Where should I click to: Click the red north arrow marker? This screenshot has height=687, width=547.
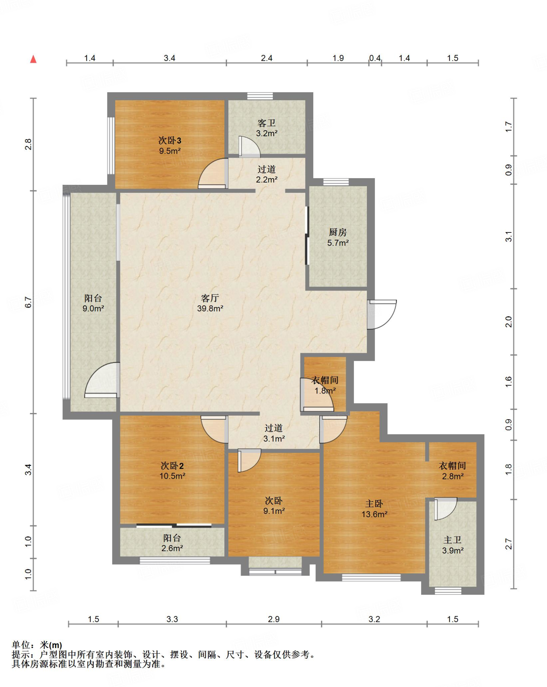[33, 59]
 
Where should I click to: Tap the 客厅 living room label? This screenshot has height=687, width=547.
[210, 298]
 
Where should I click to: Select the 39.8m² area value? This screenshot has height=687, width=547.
[210, 308]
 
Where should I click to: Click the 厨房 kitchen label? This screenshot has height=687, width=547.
[338, 232]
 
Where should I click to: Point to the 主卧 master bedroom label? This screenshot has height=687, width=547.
[374, 504]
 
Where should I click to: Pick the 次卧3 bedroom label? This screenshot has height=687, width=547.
[170, 140]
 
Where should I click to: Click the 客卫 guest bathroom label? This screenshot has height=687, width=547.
[267, 123]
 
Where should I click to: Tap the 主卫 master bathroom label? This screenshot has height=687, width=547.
[453, 540]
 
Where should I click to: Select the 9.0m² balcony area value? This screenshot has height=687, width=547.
[93, 308]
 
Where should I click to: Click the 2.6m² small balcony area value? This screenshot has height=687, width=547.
[172, 548]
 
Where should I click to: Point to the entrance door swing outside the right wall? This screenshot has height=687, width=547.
[382, 314]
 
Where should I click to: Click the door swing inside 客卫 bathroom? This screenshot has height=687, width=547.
[249, 147]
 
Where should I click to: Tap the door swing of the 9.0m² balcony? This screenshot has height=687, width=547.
[102, 380]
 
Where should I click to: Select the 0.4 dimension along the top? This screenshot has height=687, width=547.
[375, 58]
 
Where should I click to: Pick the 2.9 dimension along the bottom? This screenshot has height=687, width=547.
[274, 619]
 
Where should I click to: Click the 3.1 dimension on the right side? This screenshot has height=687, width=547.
[509, 236]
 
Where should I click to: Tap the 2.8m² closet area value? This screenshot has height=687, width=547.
[453, 476]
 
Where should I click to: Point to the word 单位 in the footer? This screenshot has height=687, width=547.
[21, 645]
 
